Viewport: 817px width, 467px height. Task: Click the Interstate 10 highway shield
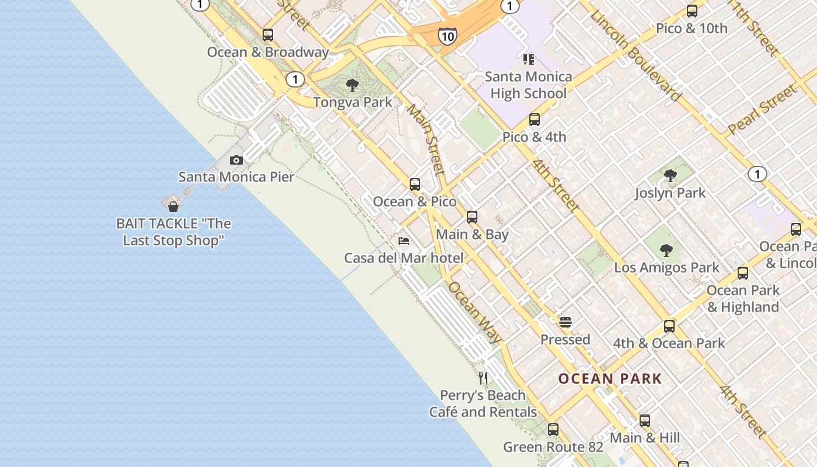(x=447, y=37)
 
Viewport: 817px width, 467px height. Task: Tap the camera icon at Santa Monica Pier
(x=236, y=160)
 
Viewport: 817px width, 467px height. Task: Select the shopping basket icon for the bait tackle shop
(x=173, y=207)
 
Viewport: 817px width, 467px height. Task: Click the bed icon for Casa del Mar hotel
(x=403, y=241)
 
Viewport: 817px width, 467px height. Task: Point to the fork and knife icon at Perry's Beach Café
(x=483, y=378)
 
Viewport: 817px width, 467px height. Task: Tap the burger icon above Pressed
(x=565, y=322)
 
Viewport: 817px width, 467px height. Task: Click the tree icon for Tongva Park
(x=352, y=85)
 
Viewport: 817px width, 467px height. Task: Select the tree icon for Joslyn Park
(x=670, y=175)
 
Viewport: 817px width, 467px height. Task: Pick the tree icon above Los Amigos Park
(x=666, y=250)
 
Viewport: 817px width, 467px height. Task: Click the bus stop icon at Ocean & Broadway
(x=268, y=35)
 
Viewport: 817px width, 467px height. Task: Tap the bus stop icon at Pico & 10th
(x=692, y=11)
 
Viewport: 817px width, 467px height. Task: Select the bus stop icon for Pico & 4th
(x=534, y=120)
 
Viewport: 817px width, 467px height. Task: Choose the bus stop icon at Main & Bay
(x=472, y=217)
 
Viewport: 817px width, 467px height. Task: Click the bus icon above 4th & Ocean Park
(x=669, y=326)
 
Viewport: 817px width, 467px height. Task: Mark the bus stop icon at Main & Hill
(x=644, y=420)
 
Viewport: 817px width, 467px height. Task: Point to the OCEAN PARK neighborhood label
(x=610, y=379)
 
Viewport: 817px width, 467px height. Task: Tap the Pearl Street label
(x=762, y=110)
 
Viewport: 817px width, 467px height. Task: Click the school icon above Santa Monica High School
(x=528, y=59)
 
